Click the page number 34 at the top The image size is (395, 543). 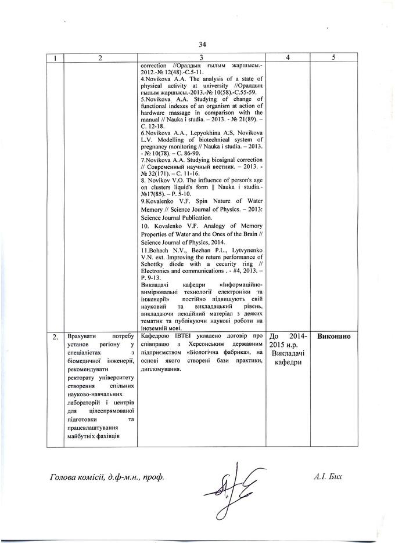(x=202, y=44)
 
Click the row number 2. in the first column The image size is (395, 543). (x=54, y=337)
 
